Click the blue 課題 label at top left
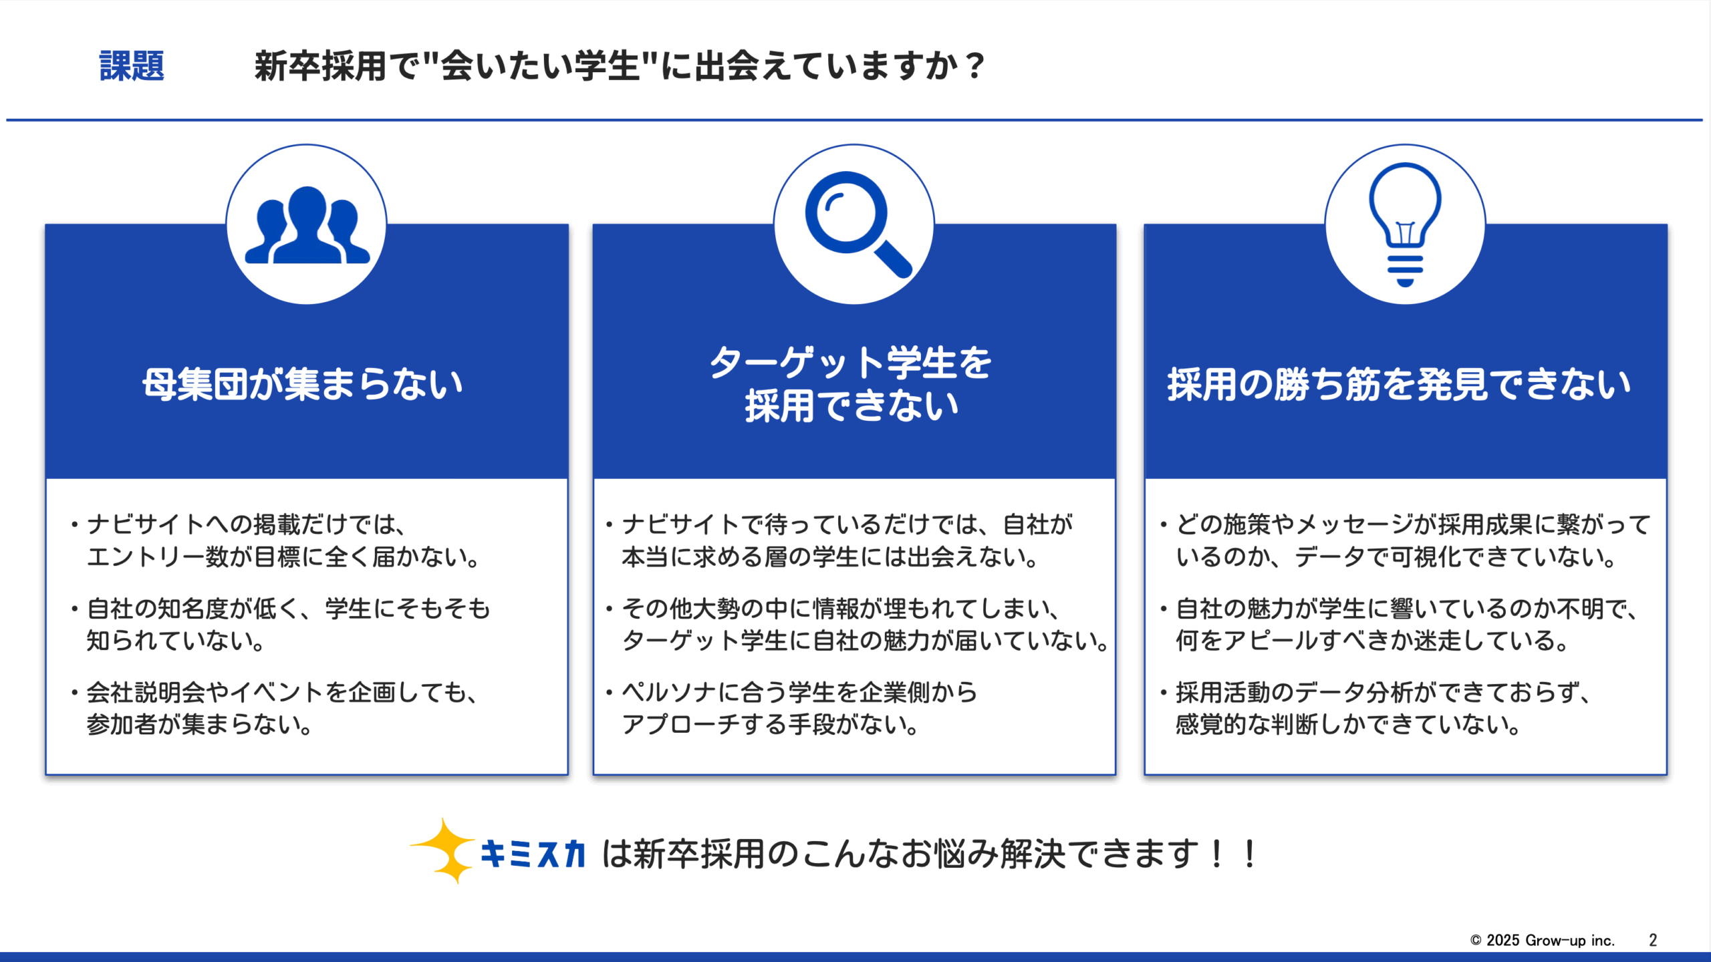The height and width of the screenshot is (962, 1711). (x=132, y=66)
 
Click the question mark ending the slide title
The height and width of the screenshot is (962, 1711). (x=975, y=66)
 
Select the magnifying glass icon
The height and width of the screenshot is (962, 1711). (x=858, y=224)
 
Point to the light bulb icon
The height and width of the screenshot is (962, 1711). (x=1405, y=224)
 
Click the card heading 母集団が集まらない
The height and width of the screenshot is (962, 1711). (x=303, y=384)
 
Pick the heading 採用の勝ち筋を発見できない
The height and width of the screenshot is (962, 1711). (x=1399, y=384)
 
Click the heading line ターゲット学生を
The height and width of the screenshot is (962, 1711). (x=851, y=363)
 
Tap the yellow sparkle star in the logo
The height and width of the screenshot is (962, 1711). (x=444, y=850)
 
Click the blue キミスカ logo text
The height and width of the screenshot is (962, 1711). (x=533, y=854)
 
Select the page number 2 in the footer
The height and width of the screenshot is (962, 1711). (x=1653, y=940)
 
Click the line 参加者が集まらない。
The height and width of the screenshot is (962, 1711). (x=200, y=724)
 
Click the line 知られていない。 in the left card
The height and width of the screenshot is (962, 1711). (x=176, y=641)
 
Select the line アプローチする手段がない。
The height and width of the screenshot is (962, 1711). (x=771, y=724)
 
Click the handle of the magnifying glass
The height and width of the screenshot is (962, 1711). (x=894, y=259)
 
